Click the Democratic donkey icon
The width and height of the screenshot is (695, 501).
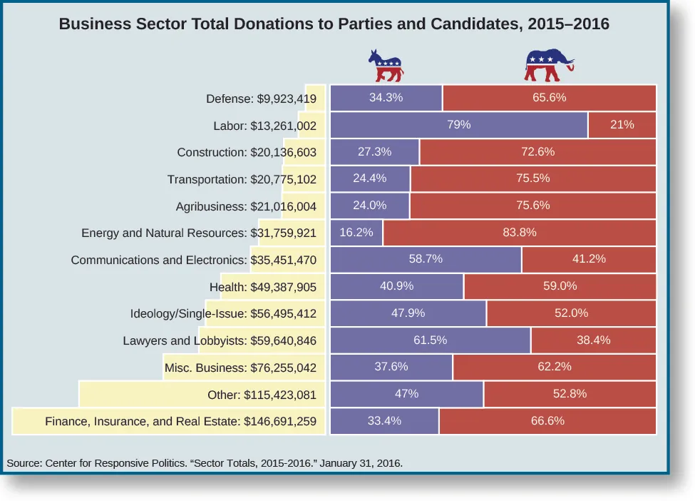pos(386,66)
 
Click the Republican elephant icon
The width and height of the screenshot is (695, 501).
pos(548,66)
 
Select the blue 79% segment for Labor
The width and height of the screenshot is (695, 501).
pos(459,125)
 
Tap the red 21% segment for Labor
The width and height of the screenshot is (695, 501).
pos(622,125)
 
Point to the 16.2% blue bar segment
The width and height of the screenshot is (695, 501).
pos(357,233)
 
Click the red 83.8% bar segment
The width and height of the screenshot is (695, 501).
pos(519,233)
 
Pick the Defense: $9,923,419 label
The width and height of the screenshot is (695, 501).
pos(261,98)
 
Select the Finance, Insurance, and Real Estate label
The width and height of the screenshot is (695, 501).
pos(180,421)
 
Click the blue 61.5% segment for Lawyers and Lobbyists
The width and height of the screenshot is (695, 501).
pos(431,340)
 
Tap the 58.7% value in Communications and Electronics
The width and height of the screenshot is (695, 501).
pos(426,259)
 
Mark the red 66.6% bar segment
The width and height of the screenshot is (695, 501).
pos(547,421)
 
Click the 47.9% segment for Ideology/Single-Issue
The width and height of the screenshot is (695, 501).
pos(408,313)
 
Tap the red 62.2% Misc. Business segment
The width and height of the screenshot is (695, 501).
pos(554,368)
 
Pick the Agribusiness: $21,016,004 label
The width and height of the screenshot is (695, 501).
pos(246,206)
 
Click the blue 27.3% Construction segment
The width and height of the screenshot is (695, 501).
pos(375,152)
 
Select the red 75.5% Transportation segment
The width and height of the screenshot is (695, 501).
pos(532,179)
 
